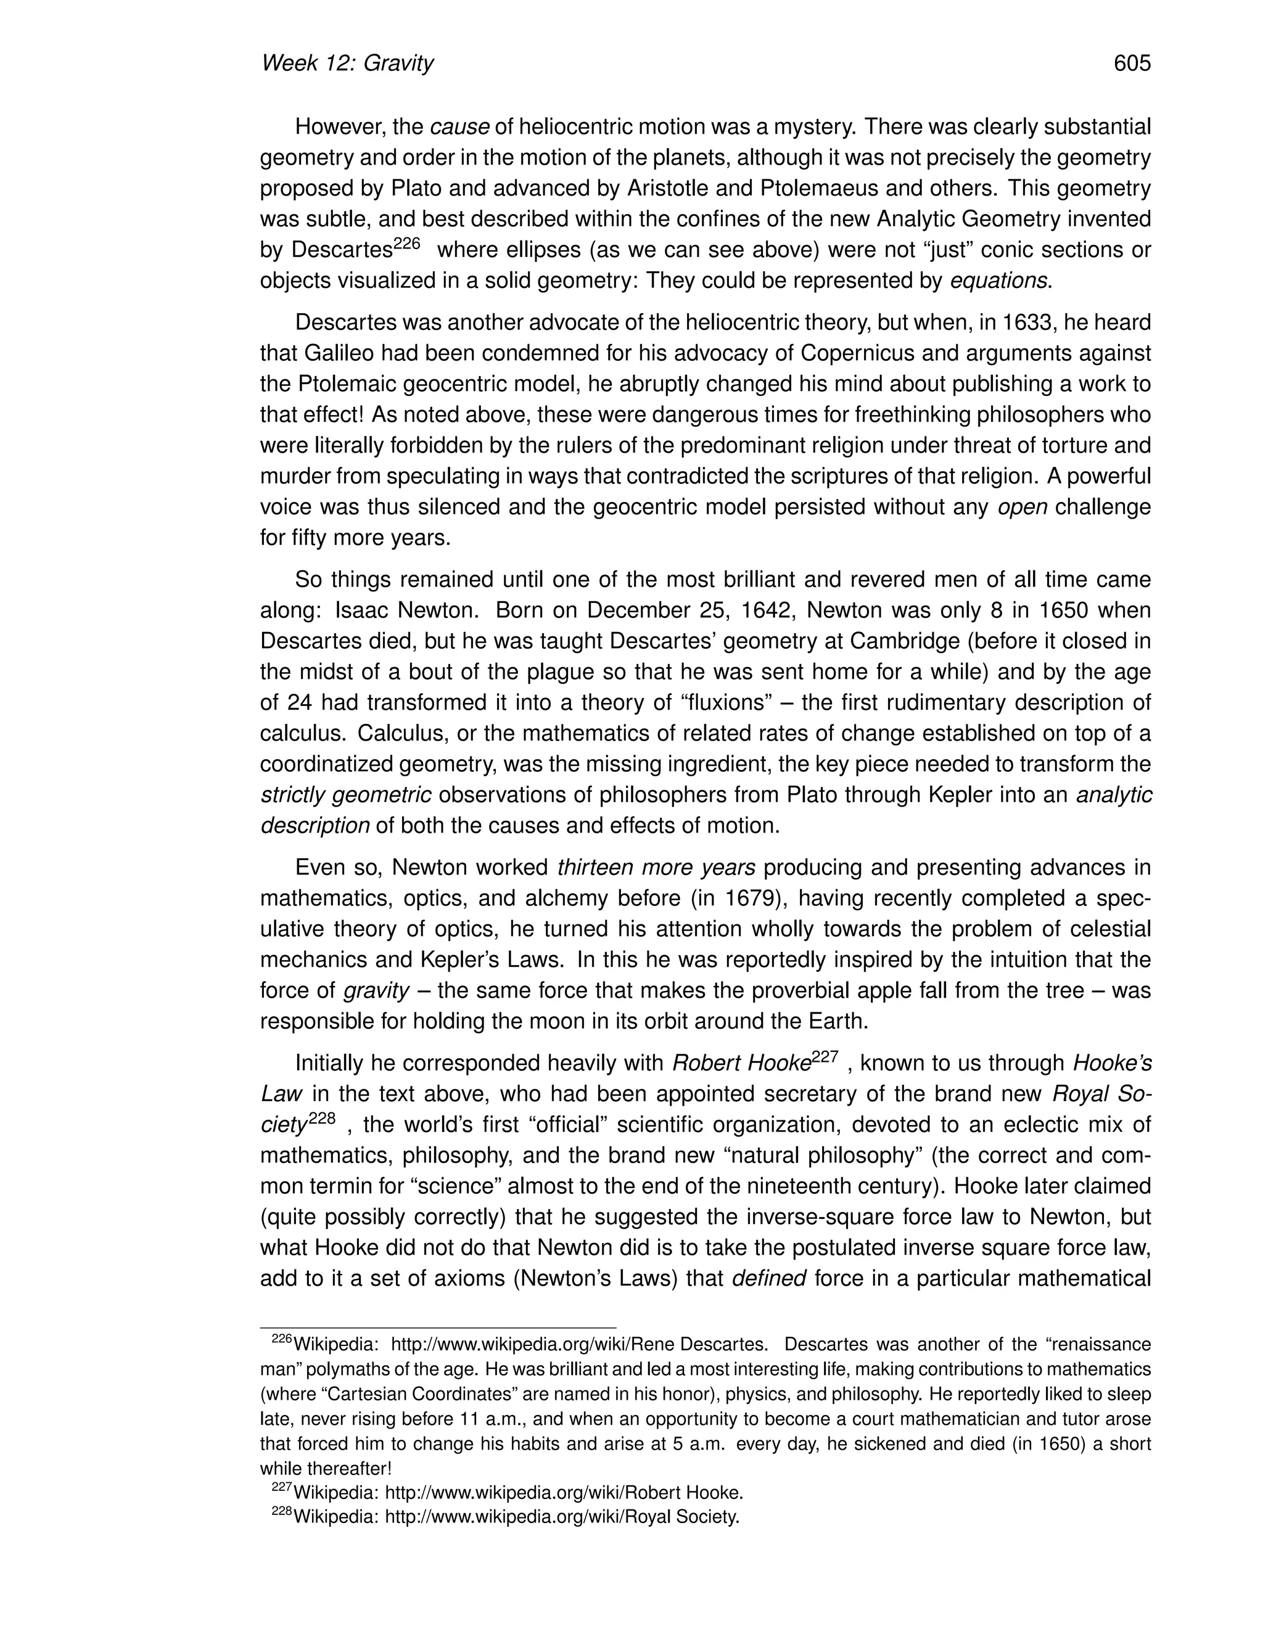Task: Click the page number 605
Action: (x=1131, y=64)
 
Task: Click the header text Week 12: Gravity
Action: (x=347, y=64)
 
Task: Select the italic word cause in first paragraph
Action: (x=459, y=127)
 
